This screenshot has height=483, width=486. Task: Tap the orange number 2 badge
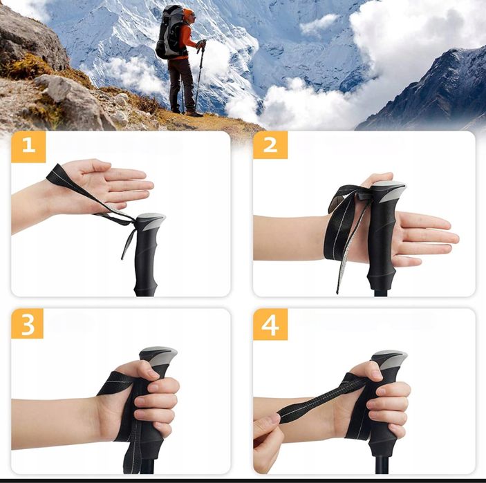(270, 146)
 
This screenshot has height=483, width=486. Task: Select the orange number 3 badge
(28, 323)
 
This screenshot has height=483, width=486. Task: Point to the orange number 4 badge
(270, 323)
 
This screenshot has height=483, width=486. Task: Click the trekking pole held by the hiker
(199, 76)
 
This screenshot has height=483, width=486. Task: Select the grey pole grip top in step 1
(151, 222)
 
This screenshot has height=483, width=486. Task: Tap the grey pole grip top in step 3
(158, 356)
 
